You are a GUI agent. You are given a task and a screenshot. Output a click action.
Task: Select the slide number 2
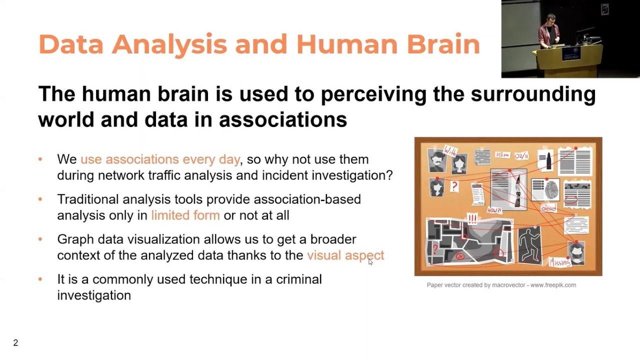(x=15, y=343)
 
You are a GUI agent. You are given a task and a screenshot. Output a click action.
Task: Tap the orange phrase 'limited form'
(x=185, y=215)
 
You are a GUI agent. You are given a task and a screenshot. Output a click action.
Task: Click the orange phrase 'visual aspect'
(x=345, y=255)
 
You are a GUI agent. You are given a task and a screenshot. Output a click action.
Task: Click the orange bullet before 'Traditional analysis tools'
(x=40, y=199)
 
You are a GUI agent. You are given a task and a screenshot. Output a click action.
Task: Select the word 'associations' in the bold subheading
(x=282, y=119)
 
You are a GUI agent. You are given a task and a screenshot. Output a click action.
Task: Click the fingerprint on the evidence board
(x=551, y=189)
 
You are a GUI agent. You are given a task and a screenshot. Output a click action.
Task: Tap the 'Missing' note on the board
(x=559, y=262)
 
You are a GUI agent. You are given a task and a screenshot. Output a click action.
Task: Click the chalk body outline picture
(x=529, y=244)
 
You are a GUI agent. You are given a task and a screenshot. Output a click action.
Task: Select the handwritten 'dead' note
(x=548, y=208)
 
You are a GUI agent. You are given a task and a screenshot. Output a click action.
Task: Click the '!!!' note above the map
(x=472, y=218)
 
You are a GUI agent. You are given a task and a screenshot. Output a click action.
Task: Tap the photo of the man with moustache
(x=437, y=160)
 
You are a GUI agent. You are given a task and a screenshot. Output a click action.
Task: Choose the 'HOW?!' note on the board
(x=494, y=210)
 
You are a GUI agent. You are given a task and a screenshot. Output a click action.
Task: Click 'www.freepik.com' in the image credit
(x=553, y=285)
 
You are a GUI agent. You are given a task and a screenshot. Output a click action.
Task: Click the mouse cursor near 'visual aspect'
(x=370, y=261)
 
